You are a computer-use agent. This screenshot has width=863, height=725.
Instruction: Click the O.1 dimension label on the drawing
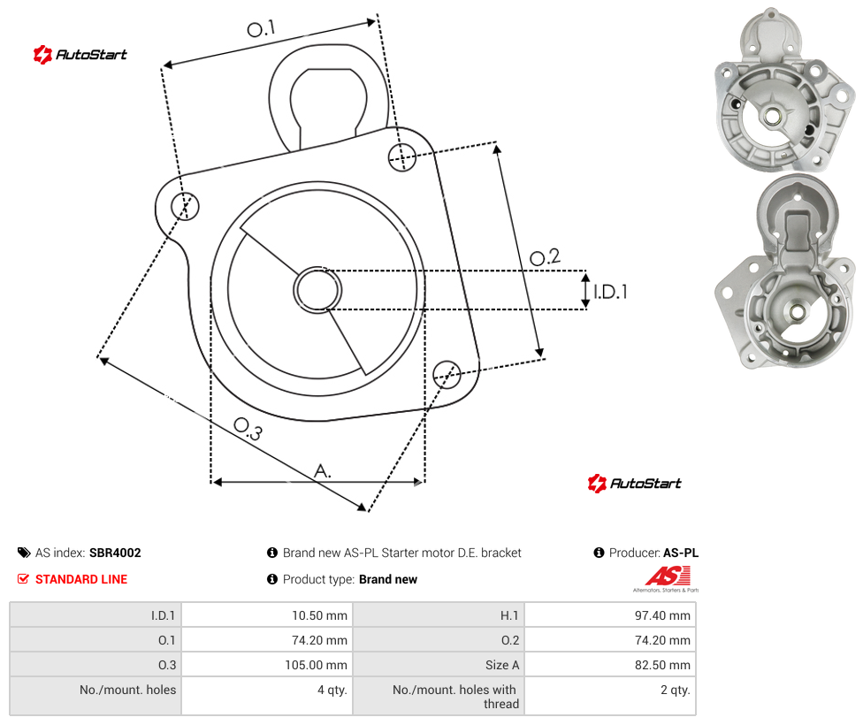click(261, 28)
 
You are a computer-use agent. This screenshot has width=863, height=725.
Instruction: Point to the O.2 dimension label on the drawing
click(545, 257)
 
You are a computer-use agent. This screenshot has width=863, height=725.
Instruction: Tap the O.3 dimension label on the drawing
click(248, 429)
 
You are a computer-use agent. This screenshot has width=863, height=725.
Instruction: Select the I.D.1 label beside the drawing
click(610, 292)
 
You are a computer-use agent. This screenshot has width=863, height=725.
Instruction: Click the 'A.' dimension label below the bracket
click(323, 471)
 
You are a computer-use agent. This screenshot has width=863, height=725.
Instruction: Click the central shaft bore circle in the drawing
click(317, 290)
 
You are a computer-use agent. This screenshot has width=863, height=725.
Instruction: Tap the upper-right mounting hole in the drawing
click(402, 156)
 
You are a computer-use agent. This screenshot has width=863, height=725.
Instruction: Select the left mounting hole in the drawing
click(185, 206)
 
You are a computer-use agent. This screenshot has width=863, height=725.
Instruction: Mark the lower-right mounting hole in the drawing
click(447, 374)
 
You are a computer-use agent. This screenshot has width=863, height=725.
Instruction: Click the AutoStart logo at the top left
click(80, 55)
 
